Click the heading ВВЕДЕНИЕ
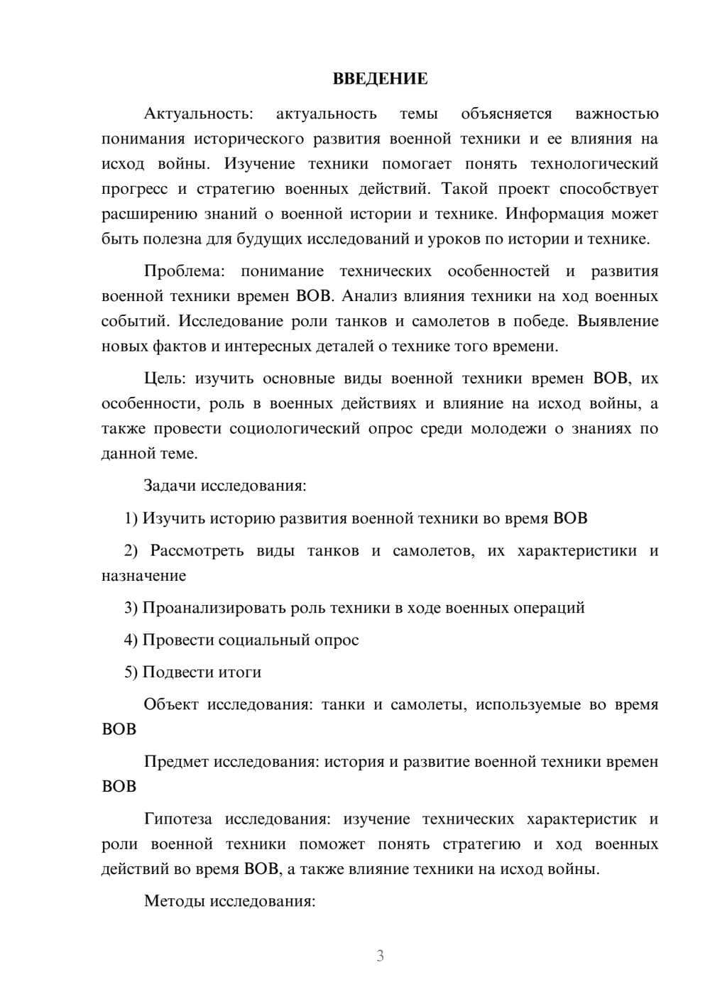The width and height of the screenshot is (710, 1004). point(380,79)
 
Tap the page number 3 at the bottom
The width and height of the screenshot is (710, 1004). point(380,956)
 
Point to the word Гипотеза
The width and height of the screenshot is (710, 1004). point(177,819)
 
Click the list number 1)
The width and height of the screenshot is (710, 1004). point(131,518)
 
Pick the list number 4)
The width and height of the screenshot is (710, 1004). point(131,640)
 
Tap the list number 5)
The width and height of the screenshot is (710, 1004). point(131,672)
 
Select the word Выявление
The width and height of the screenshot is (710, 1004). point(618,321)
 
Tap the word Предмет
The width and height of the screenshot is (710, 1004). point(176,762)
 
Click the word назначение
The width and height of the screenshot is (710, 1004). point(143,576)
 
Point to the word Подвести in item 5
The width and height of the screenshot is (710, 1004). point(173,672)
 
